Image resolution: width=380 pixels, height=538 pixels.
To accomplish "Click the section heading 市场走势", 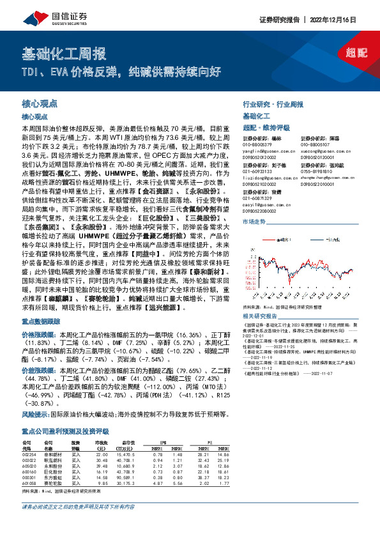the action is pyautogui.click(x=254, y=221).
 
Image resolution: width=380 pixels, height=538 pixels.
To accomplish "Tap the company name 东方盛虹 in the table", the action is pyautogui.click(x=52, y=476).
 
